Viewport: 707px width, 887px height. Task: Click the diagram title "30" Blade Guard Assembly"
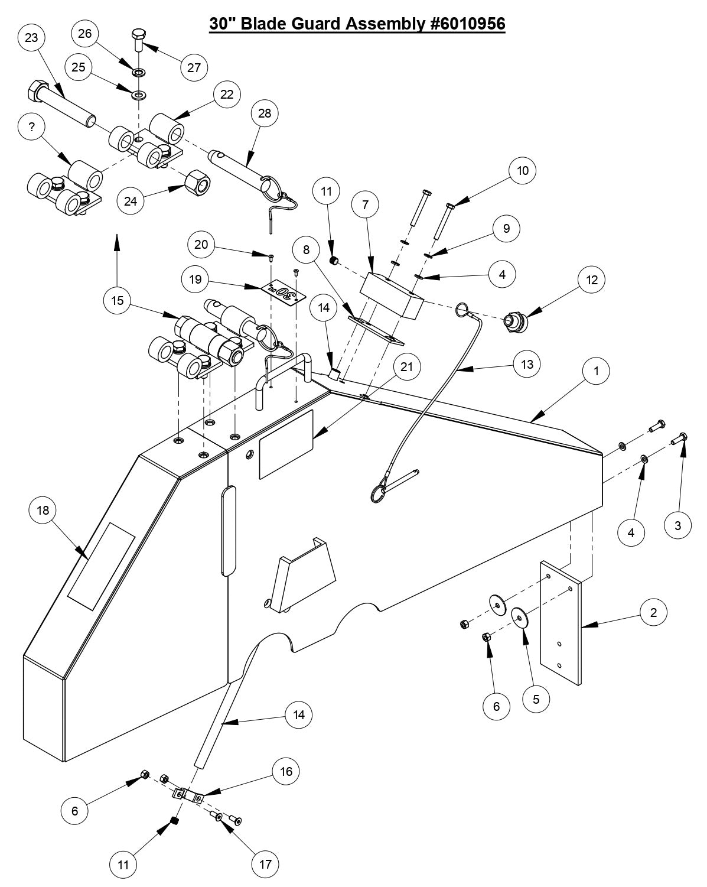357,24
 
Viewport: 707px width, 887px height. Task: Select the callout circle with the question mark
32,128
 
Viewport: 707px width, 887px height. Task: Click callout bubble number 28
264,113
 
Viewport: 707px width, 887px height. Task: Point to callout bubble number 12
592,280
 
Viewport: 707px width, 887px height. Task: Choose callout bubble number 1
597,371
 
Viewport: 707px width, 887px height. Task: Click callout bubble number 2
653,612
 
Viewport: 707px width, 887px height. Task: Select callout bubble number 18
43,509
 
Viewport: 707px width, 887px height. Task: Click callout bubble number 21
406,367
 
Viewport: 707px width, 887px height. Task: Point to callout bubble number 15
117,301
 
